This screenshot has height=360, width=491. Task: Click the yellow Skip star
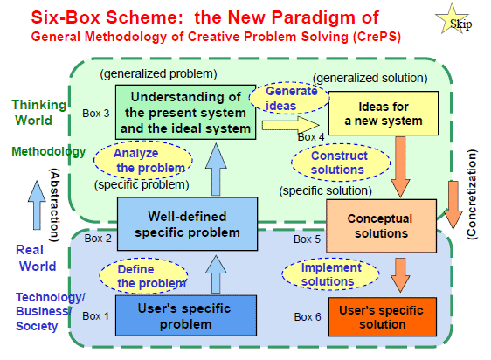[x=453, y=20]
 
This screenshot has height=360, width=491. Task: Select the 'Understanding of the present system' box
[x=186, y=112]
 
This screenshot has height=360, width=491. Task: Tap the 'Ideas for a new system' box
[x=384, y=114]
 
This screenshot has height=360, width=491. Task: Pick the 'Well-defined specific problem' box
[x=187, y=224]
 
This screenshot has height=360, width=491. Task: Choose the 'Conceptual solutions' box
[x=381, y=225]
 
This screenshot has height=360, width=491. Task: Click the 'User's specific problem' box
[x=186, y=315]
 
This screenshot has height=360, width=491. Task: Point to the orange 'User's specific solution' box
[x=383, y=317]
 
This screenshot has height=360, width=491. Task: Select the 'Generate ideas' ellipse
[x=289, y=98]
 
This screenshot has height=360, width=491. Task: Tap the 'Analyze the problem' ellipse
[x=143, y=161]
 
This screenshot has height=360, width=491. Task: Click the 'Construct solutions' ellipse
[x=341, y=163]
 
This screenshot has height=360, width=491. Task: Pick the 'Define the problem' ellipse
[x=143, y=276]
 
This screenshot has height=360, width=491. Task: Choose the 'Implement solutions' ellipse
[x=330, y=273]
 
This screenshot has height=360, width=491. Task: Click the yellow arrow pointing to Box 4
[x=291, y=125]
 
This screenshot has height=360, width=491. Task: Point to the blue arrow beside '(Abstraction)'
[x=37, y=205]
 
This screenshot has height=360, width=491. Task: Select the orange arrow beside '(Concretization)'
[x=453, y=204]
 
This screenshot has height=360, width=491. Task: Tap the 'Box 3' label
[x=96, y=113]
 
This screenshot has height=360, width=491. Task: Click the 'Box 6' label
[x=308, y=317]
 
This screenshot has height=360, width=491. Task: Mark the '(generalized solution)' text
[x=370, y=78]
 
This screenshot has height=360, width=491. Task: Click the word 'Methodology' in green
[x=49, y=151]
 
